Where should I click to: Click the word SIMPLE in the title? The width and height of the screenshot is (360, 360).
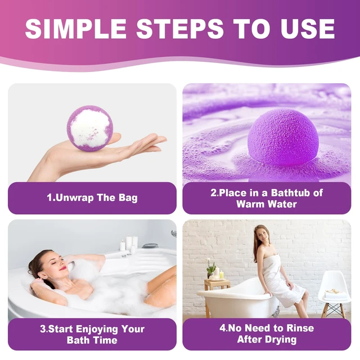(75, 29)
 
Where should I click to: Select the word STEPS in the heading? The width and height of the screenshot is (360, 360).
(180, 29)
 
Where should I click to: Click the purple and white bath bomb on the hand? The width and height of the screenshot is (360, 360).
(90, 128)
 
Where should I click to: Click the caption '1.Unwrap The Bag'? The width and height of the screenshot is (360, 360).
(92, 197)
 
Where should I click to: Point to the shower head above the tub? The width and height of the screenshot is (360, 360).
(174, 234)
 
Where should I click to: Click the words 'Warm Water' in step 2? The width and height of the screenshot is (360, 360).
(267, 204)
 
